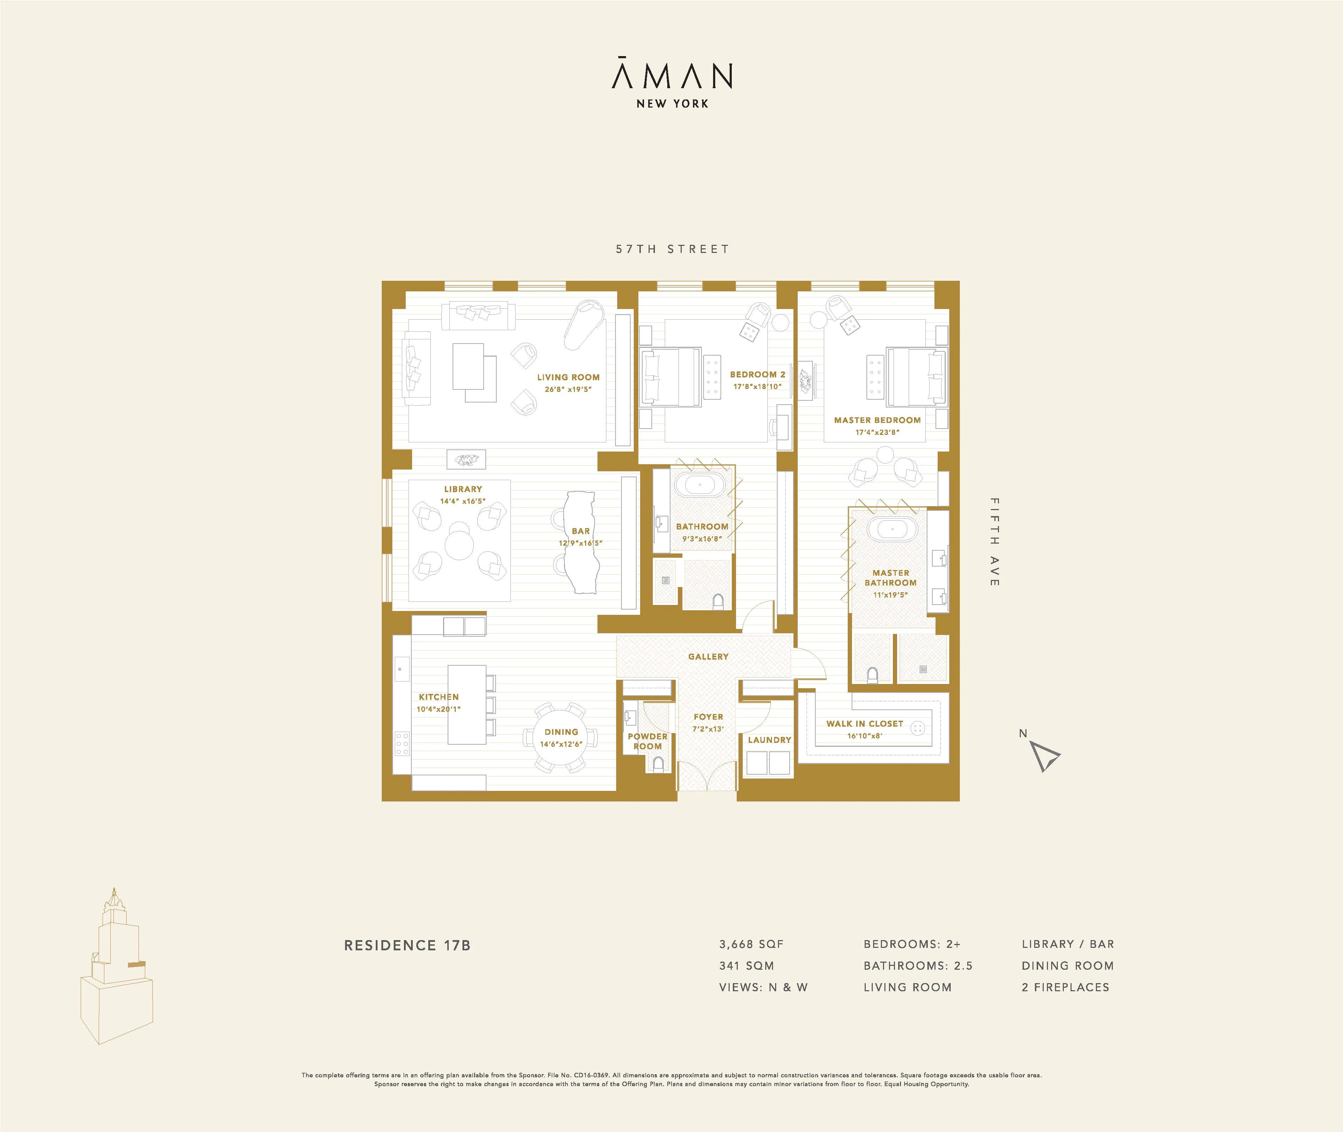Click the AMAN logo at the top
click(x=671, y=76)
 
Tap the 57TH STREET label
click(x=672, y=249)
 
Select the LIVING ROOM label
click(x=568, y=377)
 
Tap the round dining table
click(x=560, y=738)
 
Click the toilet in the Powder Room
click(x=657, y=764)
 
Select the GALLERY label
click(x=708, y=656)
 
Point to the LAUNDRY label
click(x=769, y=740)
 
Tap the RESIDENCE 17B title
click(x=407, y=945)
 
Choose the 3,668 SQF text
click(x=751, y=944)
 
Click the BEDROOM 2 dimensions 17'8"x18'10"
click(x=758, y=387)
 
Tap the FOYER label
click(x=708, y=717)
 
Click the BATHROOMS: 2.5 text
click(x=918, y=966)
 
